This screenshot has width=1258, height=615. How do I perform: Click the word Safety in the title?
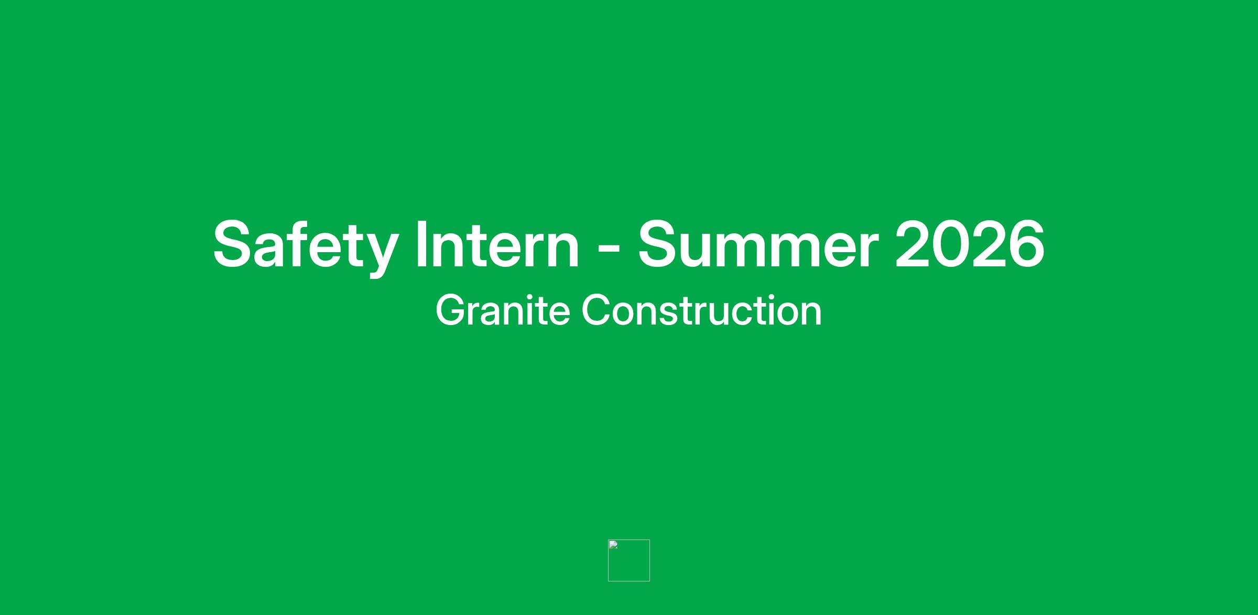pyautogui.click(x=305, y=246)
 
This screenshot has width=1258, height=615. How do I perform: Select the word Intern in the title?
pyautogui.click(x=497, y=244)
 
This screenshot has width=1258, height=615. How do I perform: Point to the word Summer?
pyautogui.click(x=758, y=244)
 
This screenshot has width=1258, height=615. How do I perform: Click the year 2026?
pyautogui.click(x=970, y=244)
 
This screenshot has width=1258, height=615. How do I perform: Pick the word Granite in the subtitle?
pyautogui.click(x=503, y=310)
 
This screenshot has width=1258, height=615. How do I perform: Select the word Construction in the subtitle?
pyautogui.click(x=701, y=310)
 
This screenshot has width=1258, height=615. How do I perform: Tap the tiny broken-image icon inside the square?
pyautogui.click(x=613, y=545)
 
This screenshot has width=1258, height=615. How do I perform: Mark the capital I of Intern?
pyautogui.click(x=420, y=244)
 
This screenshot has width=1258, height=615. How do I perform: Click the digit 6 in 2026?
pyautogui.click(x=1026, y=244)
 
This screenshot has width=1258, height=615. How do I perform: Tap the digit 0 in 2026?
pyautogui.click(x=950, y=244)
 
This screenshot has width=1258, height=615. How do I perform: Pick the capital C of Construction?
pyautogui.click(x=597, y=310)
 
